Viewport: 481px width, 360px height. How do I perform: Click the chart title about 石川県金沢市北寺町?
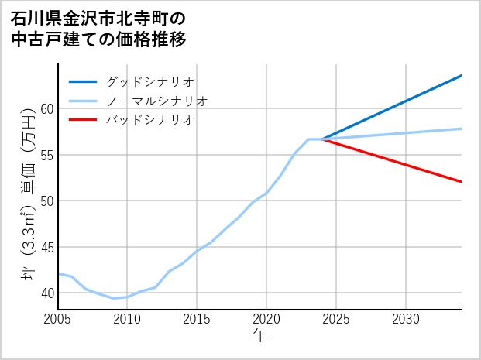98,29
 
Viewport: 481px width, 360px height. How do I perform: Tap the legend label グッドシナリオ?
149,81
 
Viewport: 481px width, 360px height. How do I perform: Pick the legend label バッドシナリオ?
149,120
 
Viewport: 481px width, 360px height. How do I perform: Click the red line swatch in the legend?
83,120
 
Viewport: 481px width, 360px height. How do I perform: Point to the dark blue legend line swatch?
83,81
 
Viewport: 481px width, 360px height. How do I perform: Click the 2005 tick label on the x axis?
57,319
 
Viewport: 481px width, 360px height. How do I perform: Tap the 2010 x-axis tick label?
127,319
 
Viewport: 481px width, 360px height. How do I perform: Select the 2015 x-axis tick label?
197,319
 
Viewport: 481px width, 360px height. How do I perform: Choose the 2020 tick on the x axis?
266,319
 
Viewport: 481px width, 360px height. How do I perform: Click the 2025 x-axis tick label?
336,319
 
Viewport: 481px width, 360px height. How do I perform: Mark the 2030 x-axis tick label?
406,319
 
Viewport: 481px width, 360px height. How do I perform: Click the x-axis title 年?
259,336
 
